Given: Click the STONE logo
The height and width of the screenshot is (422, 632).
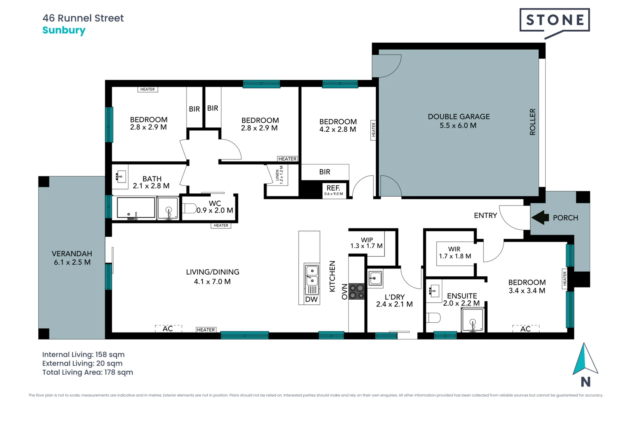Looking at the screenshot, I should click(554, 20).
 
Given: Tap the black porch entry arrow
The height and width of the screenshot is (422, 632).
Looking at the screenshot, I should click(540, 218).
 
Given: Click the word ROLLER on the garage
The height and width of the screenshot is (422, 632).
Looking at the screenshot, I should click(533, 122).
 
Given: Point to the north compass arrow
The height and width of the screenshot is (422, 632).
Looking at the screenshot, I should click(585, 359).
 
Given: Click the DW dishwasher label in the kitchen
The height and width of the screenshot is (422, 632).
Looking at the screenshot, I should click(311, 299).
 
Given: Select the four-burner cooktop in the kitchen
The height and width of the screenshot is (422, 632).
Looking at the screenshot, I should click(356, 291).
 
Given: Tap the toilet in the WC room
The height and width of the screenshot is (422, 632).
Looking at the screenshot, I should click(190, 208).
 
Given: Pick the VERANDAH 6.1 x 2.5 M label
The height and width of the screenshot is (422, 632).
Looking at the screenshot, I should click(72, 258).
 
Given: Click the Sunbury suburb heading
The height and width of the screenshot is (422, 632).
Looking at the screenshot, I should click(64, 30).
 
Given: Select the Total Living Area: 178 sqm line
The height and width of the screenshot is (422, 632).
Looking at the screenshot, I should click(87, 372).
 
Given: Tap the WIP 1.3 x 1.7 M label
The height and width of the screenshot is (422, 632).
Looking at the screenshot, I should click(366, 243).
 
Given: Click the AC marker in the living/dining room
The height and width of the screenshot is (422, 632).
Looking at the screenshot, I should click(168, 329).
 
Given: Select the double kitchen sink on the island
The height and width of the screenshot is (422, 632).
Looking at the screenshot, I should click(312, 275).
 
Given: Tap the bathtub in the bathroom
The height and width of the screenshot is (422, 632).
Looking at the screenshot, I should click(136, 207).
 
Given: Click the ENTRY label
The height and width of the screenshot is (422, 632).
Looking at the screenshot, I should click(485, 215).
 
